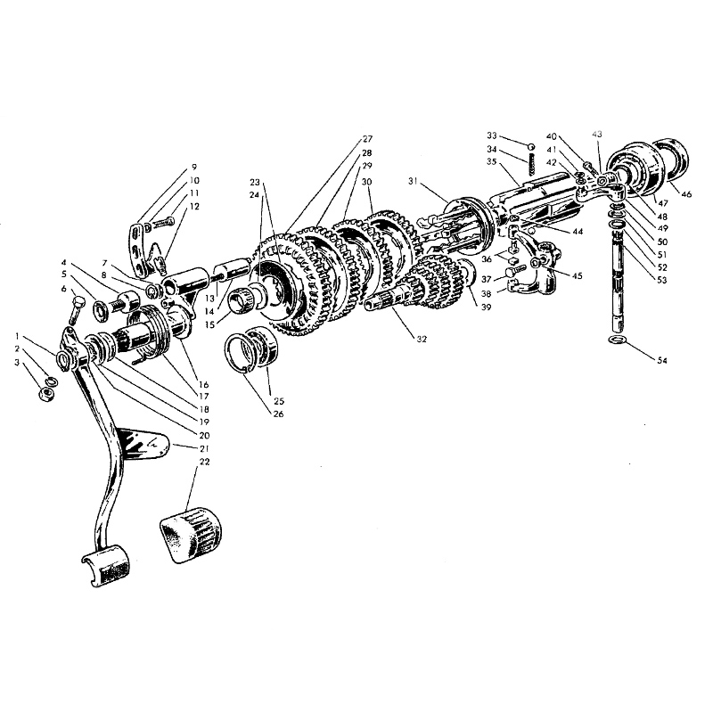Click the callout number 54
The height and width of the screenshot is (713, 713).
(661, 360)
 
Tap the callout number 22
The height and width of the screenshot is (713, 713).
(205, 462)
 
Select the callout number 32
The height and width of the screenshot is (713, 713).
(422, 339)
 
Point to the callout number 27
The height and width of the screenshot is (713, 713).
(367, 139)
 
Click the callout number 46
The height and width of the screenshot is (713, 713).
(686, 194)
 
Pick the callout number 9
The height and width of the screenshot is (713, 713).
(194, 167)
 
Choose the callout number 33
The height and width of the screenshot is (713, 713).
(492, 135)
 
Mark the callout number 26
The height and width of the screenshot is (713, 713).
(278, 414)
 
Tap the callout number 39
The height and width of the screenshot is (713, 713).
(486, 307)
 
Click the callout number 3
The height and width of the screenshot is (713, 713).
(17, 363)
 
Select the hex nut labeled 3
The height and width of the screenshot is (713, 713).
(46, 393)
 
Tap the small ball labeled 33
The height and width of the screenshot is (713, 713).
(530, 147)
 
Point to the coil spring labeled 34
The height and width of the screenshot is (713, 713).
(531, 163)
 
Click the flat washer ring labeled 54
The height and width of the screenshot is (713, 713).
(618, 340)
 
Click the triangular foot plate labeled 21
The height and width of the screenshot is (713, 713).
(144, 444)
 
